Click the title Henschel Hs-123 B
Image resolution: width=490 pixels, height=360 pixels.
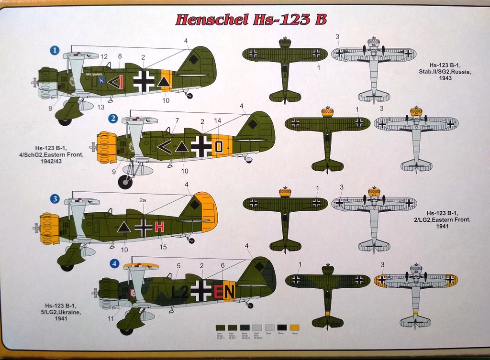point(251,20)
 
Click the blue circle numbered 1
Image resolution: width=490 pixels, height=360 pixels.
point(56,50)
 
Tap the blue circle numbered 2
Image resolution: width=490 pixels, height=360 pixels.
point(113,118)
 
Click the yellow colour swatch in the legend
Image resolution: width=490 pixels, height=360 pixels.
point(295,327)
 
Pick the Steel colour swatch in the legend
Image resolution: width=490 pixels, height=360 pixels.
point(270,327)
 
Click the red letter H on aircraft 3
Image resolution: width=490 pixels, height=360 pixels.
point(159,227)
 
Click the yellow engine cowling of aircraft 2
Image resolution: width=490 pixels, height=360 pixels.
point(107,147)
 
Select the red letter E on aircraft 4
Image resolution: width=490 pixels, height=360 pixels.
point(219,291)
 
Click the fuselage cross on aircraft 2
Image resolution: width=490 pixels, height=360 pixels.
point(201,146)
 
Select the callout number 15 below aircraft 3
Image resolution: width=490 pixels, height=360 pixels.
point(163,247)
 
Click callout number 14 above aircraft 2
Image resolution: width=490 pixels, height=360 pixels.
point(217,122)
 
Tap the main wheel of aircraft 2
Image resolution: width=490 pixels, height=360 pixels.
point(125,182)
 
